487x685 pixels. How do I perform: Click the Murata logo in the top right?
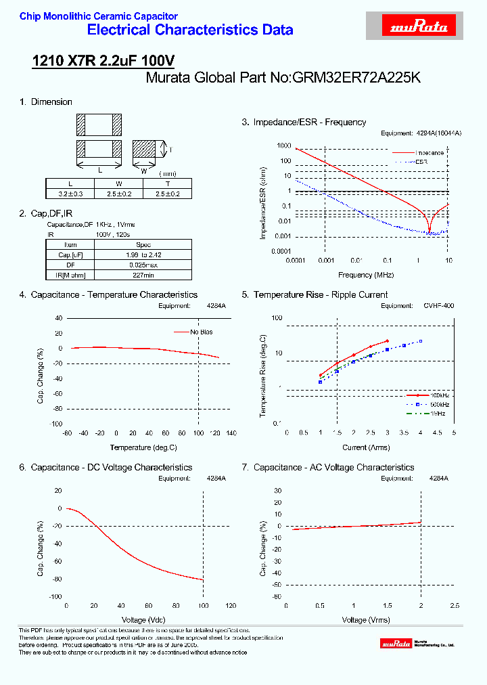(x=419, y=27)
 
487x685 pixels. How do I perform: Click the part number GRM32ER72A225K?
(x=356, y=78)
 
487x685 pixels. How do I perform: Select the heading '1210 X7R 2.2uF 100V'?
(x=103, y=61)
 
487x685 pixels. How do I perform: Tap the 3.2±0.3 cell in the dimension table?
(x=70, y=194)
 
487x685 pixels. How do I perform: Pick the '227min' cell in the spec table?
(x=143, y=275)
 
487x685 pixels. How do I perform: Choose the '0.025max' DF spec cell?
(x=143, y=265)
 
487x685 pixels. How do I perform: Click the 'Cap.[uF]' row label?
(x=70, y=255)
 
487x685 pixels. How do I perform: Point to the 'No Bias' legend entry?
(x=201, y=332)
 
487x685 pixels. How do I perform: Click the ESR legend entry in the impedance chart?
(x=421, y=162)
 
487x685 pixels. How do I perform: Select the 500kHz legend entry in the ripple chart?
(x=438, y=404)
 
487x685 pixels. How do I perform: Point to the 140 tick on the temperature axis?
(x=231, y=433)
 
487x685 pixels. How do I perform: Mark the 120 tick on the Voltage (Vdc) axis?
(x=231, y=606)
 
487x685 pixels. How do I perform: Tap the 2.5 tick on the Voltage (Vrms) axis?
(x=454, y=606)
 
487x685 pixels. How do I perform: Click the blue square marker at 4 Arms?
(x=420, y=341)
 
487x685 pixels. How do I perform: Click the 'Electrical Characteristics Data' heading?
(x=190, y=30)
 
